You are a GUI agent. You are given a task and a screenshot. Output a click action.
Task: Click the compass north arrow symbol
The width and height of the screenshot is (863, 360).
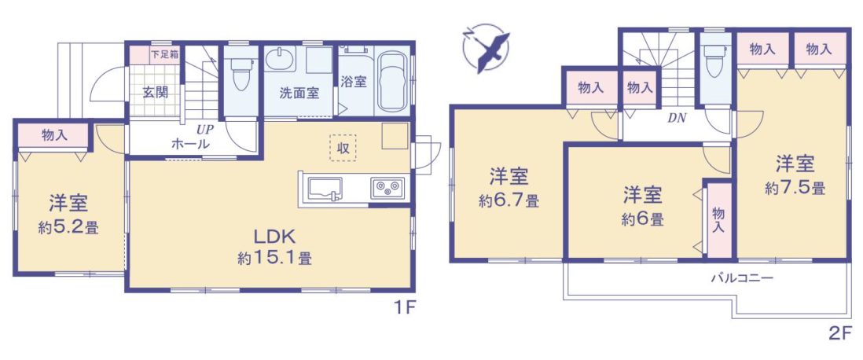click(487, 49)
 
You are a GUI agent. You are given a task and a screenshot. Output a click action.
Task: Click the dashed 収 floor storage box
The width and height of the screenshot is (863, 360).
click(343, 148)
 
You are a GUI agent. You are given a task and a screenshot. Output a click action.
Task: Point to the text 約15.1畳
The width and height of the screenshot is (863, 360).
click(274, 258)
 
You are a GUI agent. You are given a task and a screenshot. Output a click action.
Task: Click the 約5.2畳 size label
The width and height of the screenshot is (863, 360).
click(68, 228)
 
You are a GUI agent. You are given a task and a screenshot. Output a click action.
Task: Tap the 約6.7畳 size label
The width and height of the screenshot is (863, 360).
click(509, 201)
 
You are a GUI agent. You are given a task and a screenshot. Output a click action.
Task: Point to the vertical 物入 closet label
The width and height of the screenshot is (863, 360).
click(718, 219)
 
